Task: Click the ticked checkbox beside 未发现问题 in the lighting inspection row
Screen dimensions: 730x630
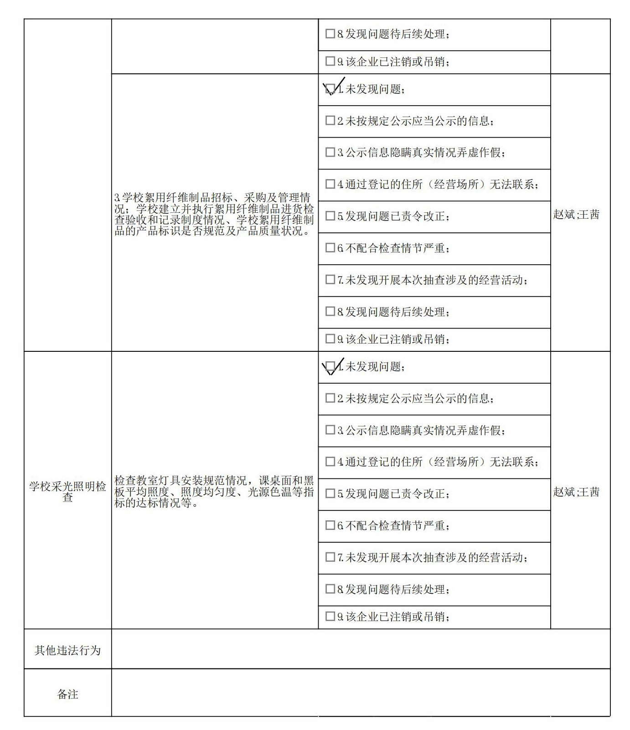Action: (330, 366)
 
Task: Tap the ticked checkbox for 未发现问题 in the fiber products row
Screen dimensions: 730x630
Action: (330, 89)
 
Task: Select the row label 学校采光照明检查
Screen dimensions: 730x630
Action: (67, 492)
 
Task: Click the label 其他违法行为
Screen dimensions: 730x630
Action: (67, 650)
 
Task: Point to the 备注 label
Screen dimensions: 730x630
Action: (67, 694)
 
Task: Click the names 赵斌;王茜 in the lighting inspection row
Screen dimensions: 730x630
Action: (576, 492)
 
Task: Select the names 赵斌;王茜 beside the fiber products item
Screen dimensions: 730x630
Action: (576, 215)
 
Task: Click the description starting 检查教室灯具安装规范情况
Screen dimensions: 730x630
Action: (214, 492)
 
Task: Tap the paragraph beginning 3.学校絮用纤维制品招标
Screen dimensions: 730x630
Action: (214, 214)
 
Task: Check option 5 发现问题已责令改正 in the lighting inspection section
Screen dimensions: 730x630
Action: (330, 494)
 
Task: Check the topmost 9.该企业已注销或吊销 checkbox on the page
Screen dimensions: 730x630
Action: (330, 61)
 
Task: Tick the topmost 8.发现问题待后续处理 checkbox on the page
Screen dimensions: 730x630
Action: (330, 34)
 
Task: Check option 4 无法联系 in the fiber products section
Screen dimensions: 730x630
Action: (330, 184)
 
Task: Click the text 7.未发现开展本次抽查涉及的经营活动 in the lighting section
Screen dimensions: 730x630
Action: (432, 557)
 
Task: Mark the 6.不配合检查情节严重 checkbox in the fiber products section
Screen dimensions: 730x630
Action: (330, 248)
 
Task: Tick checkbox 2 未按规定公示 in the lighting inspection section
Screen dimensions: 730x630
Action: (330, 398)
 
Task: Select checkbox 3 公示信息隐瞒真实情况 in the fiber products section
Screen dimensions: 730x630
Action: (330, 152)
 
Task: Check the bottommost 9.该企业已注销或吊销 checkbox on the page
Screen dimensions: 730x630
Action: (330, 617)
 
